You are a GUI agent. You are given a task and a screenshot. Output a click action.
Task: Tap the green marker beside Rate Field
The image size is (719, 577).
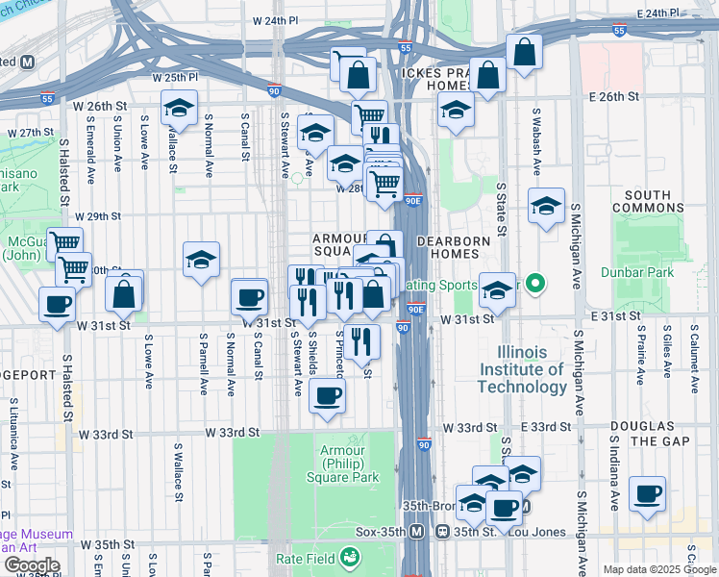pyautogui.click(x=350, y=556)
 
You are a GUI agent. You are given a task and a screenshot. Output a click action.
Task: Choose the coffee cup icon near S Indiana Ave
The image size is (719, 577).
pyautogui.click(x=648, y=494)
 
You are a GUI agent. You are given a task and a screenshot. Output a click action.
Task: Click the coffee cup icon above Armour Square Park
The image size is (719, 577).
pyautogui.click(x=328, y=394)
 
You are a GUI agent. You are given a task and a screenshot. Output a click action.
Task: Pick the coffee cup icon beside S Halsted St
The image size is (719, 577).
pyautogui.click(x=57, y=304)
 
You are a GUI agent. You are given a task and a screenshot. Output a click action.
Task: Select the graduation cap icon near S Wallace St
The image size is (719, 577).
pyautogui.click(x=179, y=110)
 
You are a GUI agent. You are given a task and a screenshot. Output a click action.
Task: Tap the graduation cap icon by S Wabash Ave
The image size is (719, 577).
pyautogui.click(x=546, y=206)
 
